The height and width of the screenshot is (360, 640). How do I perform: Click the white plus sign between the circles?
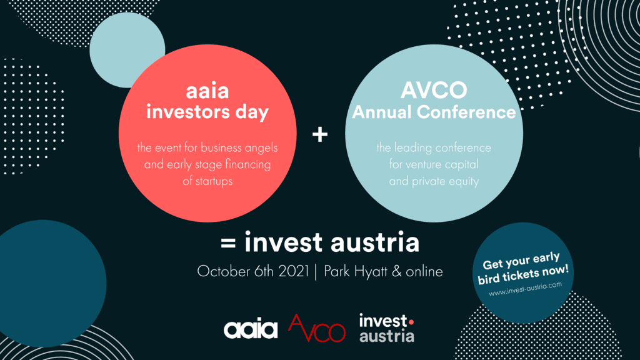coord(320,134)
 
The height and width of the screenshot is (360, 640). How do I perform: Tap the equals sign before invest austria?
coord(228,243)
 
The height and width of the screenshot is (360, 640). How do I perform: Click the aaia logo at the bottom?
coord(251,329)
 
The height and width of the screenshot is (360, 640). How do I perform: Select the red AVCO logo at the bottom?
coord(317,328)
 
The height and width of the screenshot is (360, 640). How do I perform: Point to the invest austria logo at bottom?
coord(386,327)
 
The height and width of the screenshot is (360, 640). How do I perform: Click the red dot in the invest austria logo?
coord(411,322)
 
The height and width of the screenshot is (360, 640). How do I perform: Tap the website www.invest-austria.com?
coord(525,289)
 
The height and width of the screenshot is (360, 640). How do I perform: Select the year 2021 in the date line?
coord(294,271)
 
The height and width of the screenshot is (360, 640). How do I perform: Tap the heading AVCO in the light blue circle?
coord(434,90)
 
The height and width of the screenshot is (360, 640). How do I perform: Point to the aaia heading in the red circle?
coord(207,91)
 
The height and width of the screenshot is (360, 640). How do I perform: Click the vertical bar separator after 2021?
coord(316,272)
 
